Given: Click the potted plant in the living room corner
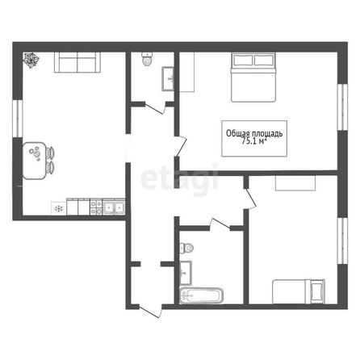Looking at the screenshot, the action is (x=31, y=60).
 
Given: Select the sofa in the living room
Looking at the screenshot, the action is (x=77, y=62).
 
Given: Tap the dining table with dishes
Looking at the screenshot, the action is (x=34, y=161).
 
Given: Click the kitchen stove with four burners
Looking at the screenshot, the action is (x=96, y=207).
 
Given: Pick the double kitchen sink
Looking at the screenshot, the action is (x=114, y=207).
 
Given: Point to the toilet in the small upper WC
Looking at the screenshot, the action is (x=147, y=59).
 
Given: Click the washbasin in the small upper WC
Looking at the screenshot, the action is (x=168, y=79).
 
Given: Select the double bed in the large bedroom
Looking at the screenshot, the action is (x=253, y=77).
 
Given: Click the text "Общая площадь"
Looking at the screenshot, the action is (x=254, y=133).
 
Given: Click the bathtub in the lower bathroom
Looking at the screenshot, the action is (x=201, y=295).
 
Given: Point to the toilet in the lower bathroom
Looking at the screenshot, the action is (x=186, y=248).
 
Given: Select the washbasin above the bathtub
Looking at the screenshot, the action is (x=186, y=273).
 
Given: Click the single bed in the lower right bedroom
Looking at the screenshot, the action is (x=299, y=291).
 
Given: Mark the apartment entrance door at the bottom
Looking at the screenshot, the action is (x=151, y=311).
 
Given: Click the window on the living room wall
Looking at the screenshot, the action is (x=18, y=119).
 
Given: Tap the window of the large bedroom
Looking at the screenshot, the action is (x=342, y=107).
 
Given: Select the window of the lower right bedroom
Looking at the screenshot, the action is (x=342, y=241).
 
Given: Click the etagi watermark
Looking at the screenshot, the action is (x=179, y=179).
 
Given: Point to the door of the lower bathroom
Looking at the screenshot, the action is (x=220, y=224).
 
